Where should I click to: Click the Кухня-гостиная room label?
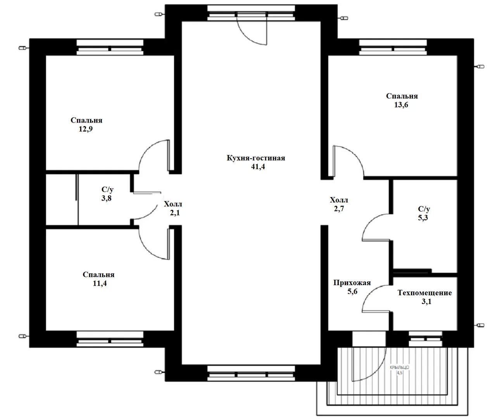256,158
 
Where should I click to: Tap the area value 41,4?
258,167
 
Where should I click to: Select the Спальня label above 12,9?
86,120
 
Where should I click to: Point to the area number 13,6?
401,105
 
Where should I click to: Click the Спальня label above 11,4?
98,275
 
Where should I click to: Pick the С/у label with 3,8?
107,190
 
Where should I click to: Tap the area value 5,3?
423,218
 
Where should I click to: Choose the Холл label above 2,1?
173,204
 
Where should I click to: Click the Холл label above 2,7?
339,200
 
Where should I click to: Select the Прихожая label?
352,282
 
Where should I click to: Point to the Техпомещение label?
425,293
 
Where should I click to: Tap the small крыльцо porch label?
399,367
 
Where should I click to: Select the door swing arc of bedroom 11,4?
148,251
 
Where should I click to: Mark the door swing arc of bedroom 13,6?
355,154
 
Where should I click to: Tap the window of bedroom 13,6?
393,48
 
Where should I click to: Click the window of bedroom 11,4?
110,339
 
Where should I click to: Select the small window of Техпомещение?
426,339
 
